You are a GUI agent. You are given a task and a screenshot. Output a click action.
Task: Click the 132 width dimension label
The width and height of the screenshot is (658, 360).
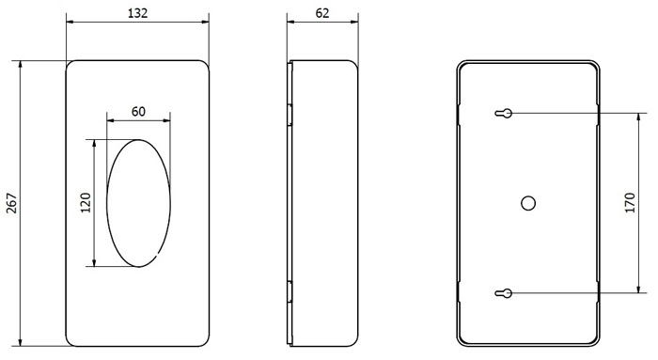137,13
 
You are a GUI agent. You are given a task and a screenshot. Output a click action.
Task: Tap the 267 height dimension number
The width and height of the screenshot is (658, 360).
12,203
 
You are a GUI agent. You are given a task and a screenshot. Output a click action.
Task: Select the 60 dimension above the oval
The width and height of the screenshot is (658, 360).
138,112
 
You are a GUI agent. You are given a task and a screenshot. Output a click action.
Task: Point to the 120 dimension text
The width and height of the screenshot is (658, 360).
86,203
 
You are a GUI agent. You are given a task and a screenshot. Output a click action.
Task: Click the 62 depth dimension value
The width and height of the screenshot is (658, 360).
322,13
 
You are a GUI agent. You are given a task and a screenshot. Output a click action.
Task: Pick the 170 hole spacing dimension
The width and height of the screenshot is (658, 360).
630,203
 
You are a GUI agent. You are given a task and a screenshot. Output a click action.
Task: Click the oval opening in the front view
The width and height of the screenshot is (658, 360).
107,203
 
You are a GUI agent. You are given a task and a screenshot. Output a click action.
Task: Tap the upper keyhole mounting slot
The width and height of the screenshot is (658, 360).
504,113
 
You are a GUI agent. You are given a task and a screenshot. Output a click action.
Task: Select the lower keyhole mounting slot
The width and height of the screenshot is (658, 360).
504,293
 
